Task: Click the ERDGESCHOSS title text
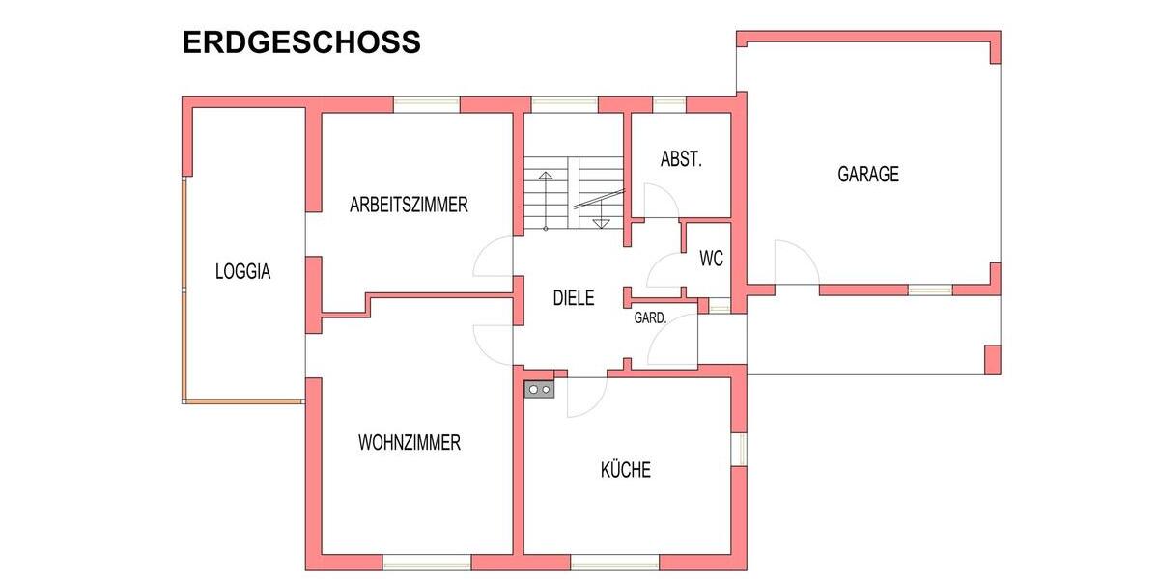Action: pyautogui.click(x=301, y=43)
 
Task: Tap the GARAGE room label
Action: pyautogui.click(x=867, y=175)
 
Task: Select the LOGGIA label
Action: pyautogui.click(x=242, y=272)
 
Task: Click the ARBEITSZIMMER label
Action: pyautogui.click(x=409, y=205)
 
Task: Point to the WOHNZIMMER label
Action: pyautogui.click(x=409, y=443)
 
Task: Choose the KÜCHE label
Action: pyautogui.click(x=626, y=470)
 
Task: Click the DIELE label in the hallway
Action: pyautogui.click(x=573, y=298)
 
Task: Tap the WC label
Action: pyautogui.click(x=711, y=259)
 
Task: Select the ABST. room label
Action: pyautogui.click(x=681, y=159)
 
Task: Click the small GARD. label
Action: pyautogui.click(x=648, y=317)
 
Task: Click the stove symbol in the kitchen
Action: pyautogui.click(x=539, y=389)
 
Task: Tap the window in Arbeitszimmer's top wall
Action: pyautogui.click(x=426, y=104)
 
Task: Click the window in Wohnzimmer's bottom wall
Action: pyautogui.click(x=412, y=562)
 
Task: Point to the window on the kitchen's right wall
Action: pyautogui.click(x=738, y=448)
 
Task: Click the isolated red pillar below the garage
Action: pyautogui.click(x=992, y=359)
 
